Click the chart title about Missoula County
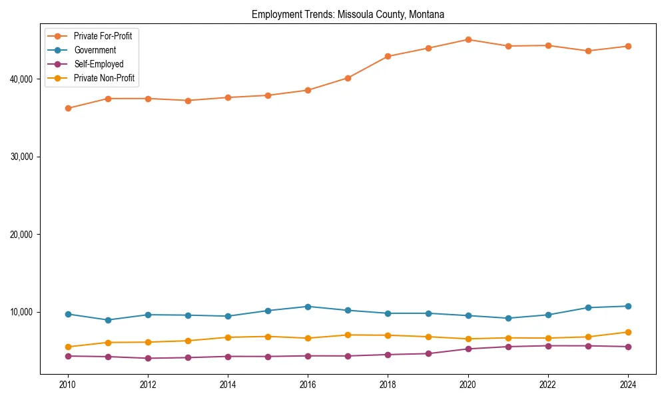click(x=348, y=14)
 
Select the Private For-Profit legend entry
click(x=103, y=36)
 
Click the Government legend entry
click(x=95, y=50)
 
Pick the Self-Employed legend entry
click(x=99, y=64)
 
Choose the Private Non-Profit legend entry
click(x=104, y=78)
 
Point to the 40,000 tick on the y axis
click(x=23, y=79)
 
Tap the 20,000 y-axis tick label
click(x=23, y=235)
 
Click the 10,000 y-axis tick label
click(x=23, y=313)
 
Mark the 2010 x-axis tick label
click(x=67, y=385)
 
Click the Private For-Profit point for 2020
click(x=468, y=39)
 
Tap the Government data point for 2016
click(x=308, y=307)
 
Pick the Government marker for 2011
click(x=108, y=320)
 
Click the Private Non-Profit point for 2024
click(x=628, y=332)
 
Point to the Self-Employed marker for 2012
click(x=148, y=358)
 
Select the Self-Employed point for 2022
click(x=548, y=346)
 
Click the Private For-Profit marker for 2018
click(x=388, y=56)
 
